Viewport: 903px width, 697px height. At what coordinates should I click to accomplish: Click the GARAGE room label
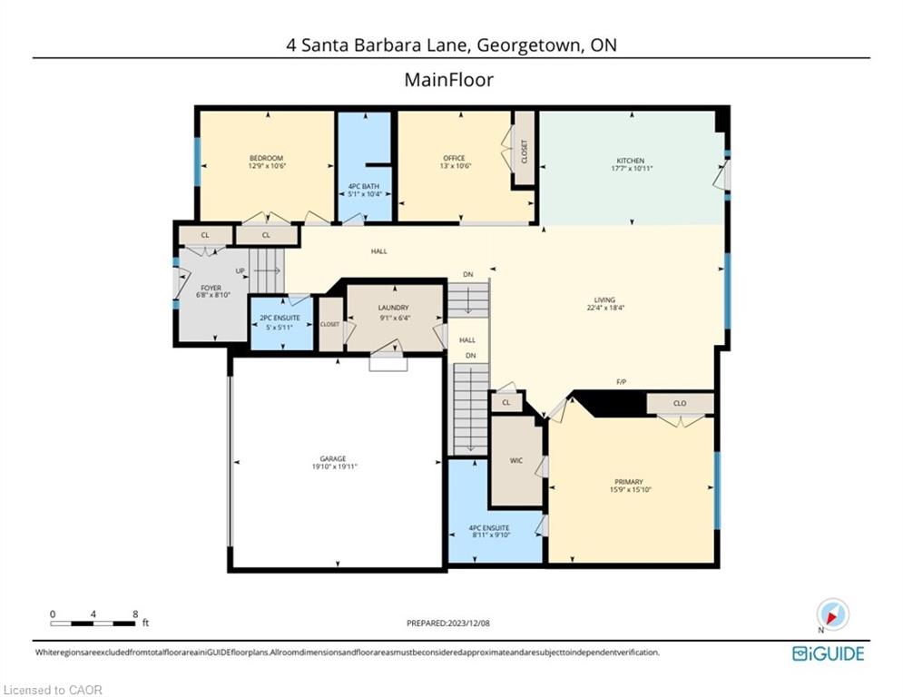pos(333,458)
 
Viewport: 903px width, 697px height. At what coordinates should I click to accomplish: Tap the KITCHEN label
pos(631,160)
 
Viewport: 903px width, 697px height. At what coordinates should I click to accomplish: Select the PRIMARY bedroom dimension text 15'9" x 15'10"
pos(631,490)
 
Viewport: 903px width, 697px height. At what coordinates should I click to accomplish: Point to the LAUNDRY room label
pos(394,308)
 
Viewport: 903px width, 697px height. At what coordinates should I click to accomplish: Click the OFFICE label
pos(455,158)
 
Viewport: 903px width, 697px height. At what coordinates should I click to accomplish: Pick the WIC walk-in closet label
pos(516,460)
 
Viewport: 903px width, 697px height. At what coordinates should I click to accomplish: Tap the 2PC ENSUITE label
pos(280,318)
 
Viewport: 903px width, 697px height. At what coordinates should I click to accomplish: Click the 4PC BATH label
pos(364,186)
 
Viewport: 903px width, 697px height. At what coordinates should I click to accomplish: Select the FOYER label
pos(211,288)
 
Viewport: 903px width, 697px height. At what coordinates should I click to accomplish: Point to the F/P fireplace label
pos(622,382)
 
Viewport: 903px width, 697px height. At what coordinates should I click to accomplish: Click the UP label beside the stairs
pos(240,270)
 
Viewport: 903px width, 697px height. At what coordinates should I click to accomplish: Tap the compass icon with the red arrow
pos(833,614)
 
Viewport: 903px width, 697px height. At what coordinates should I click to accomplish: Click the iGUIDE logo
pos(829,653)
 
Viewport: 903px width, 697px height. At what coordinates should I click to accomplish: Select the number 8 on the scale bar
pos(135,614)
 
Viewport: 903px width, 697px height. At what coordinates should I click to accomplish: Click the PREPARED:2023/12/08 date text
pos(448,623)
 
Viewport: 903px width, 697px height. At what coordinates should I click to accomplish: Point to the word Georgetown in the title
pos(529,45)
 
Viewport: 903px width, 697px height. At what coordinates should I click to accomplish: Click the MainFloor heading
pos(448,80)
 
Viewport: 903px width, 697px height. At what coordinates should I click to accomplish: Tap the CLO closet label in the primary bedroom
pos(680,403)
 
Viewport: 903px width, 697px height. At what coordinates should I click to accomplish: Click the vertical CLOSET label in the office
pos(524,152)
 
